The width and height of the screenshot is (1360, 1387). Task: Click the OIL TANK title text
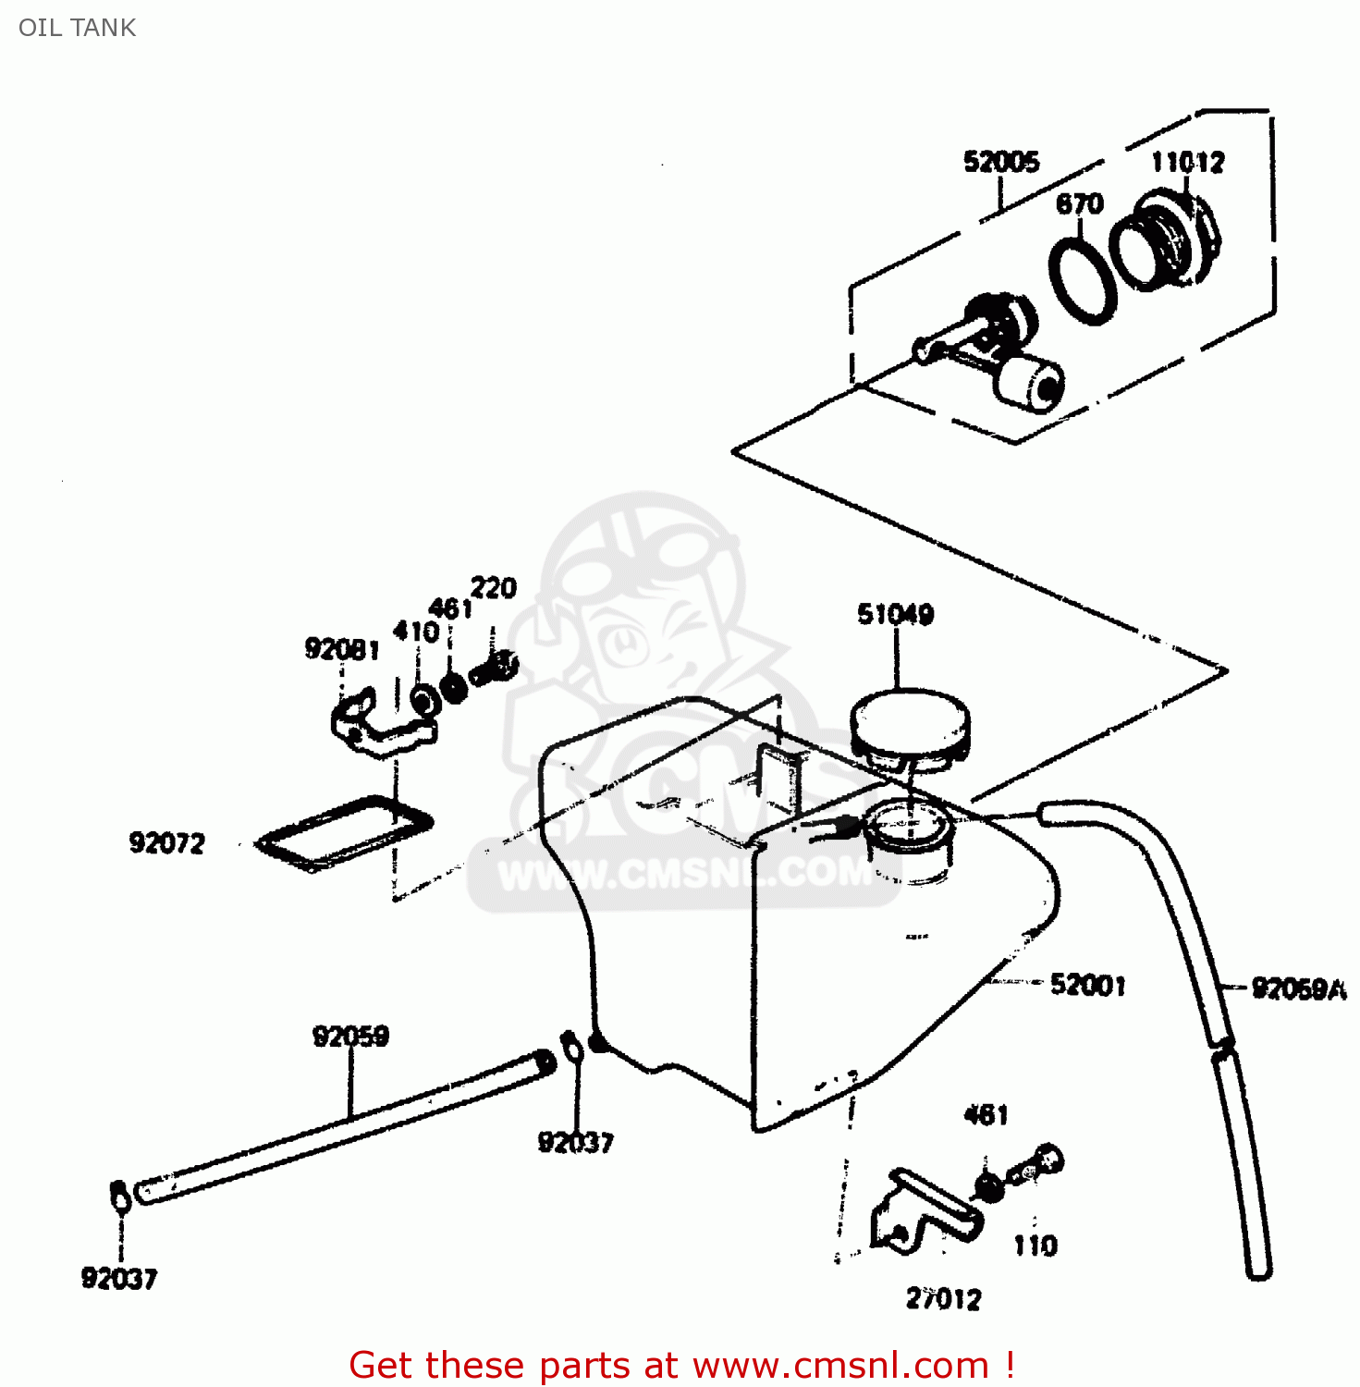(x=77, y=28)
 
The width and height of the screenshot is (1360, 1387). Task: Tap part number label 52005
(x=1001, y=162)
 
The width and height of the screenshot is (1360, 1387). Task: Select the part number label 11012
(x=1187, y=163)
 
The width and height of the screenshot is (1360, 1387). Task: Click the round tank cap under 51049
(x=910, y=726)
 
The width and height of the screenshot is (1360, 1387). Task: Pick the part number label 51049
(x=895, y=614)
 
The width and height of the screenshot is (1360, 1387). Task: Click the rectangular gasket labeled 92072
(x=345, y=832)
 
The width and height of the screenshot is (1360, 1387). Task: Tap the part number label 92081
(x=342, y=650)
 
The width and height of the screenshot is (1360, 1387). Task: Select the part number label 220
(x=494, y=588)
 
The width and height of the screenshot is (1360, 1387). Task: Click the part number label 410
(x=416, y=632)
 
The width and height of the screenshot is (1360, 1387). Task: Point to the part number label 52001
(x=1088, y=985)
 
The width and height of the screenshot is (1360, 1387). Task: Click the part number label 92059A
(x=1298, y=989)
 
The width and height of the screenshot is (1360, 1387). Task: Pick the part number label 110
(x=1035, y=1246)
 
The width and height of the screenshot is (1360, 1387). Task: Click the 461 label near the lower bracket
(x=986, y=1115)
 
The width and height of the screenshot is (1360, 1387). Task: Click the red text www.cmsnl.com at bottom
(x=840, y=1365)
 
